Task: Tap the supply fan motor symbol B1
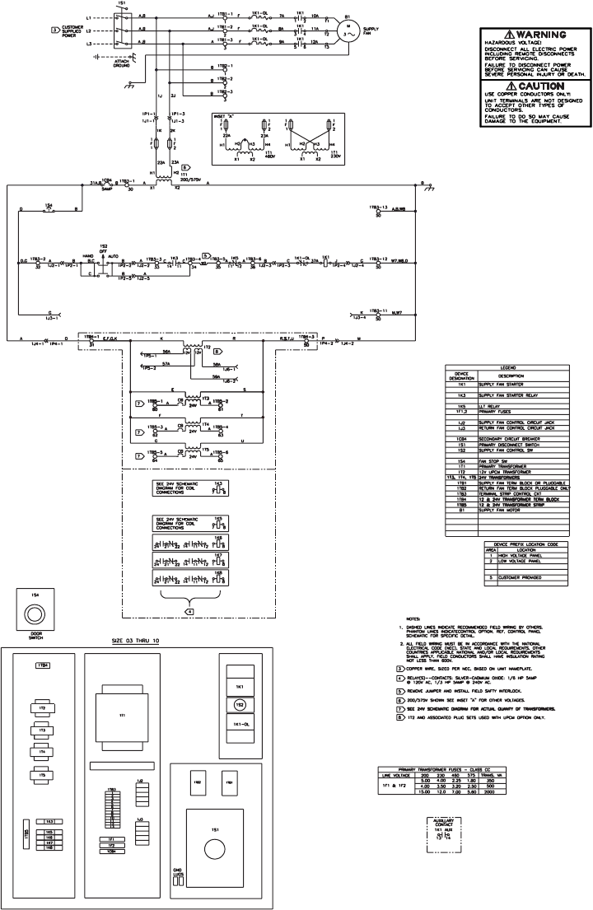click(x=347, y=28)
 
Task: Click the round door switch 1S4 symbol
click(x=34, y=613)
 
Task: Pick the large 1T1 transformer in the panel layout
click(x=123, y=716)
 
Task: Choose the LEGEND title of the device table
click(x=507, y=368)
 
